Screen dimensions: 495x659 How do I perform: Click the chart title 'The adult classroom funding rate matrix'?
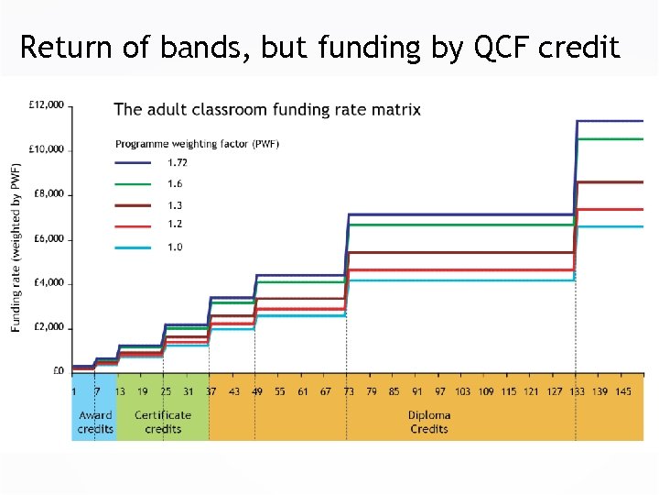267,109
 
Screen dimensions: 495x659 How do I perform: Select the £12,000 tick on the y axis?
47,104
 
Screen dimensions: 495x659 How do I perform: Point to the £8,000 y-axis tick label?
49,193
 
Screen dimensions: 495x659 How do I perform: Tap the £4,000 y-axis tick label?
49,282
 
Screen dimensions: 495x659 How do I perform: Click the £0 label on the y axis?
58,371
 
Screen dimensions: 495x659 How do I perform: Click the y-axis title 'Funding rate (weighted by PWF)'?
16,248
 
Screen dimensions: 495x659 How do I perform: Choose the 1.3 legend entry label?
174,205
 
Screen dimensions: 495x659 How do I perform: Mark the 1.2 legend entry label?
174,225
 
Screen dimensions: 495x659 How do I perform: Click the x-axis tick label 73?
348,391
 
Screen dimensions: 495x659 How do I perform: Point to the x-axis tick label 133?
576,391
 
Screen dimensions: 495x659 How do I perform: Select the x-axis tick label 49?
257,391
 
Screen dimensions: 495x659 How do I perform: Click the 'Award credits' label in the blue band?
95,422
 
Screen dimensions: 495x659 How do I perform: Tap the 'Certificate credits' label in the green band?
163,422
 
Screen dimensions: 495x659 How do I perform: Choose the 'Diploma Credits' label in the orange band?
428,422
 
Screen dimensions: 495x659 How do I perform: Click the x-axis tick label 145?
623,391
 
